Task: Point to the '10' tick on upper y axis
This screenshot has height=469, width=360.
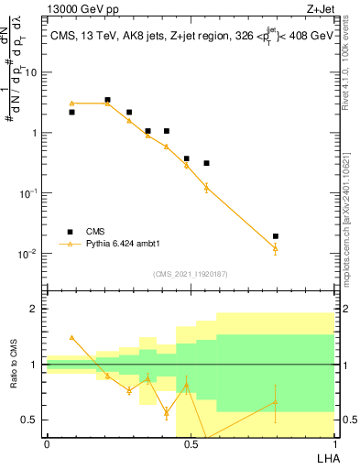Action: [30, 71]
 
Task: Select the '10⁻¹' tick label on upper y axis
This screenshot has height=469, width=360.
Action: [29, 193]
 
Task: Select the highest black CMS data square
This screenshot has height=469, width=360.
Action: [107, 100]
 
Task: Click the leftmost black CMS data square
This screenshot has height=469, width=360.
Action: [71, 112]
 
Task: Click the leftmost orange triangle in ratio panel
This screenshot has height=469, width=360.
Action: [71, 337]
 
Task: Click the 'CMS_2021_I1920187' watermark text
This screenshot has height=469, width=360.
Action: [190, 274]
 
